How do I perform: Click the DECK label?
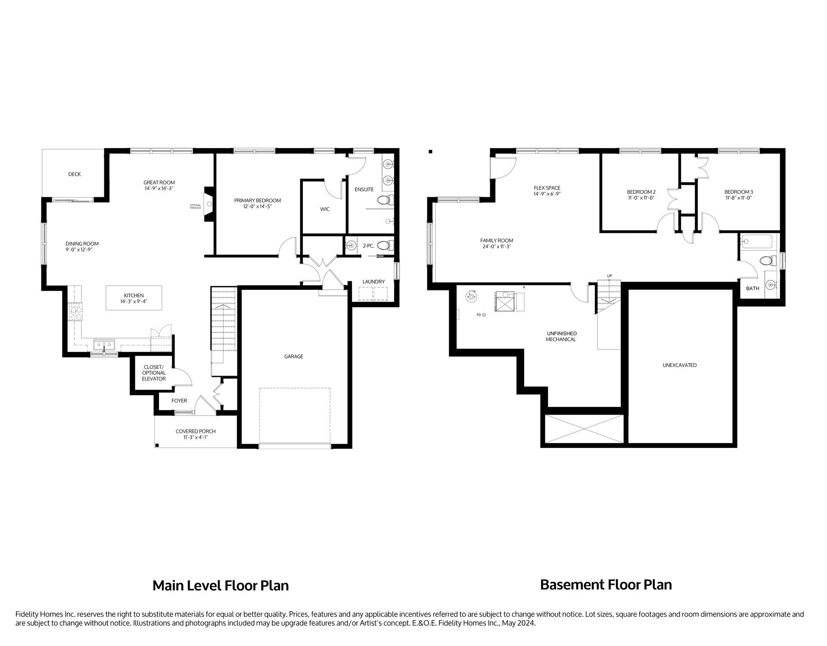(74, 174)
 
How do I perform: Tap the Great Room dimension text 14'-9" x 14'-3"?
(159, 189)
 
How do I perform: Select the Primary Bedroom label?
(257, 200)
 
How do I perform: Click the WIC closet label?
(325, 209)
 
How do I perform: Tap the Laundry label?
(373, 282)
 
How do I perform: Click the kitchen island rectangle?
(134, 298)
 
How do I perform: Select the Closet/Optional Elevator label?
(154, 373)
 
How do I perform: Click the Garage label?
(293, 357)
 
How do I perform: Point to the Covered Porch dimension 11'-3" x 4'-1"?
(195, 438)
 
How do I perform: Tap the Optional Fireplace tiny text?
(196, 206)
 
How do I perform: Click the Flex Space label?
(547, 188)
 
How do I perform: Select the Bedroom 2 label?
(641, 192)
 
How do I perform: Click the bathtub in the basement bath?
(757, 242)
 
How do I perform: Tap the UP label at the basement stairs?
(609, 276)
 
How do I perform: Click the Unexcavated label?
(679, 365)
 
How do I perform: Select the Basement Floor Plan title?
(606, 585)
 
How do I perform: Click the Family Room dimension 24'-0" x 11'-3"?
(497, 247)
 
